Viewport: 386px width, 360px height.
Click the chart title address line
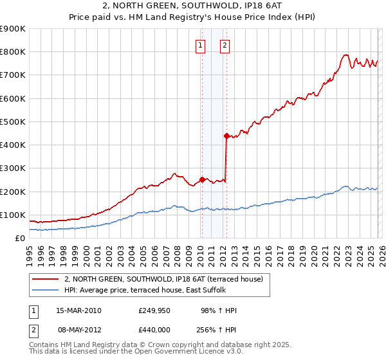(x=192, y=6)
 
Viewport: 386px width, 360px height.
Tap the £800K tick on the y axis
(x=13, y=52)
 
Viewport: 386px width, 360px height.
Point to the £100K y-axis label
(x=13, y=215)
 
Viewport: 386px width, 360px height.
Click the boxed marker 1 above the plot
(x=201, y=45)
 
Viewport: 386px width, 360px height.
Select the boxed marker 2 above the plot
(x=225, y=45)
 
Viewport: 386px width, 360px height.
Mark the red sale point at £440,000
(x=226, y=136)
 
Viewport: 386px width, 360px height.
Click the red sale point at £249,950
(x=202, y=180)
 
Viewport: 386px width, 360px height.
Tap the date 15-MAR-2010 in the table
(x=78, y=310)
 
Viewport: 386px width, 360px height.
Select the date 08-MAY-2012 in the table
(x=78, y=328)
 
